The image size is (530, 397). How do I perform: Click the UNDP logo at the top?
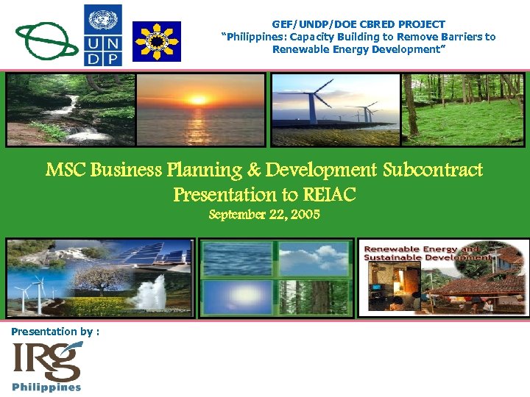[x=104, y=35]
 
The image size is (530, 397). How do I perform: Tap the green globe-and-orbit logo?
[x=46, y=38]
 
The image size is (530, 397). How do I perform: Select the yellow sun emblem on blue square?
[x=155, y=41]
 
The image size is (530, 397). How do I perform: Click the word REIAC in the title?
[x=328, y=195]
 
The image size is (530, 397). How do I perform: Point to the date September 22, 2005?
[x=264, y=215]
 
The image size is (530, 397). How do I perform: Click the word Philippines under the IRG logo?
[x=46, y=387]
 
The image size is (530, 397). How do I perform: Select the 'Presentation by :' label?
[x=56, y=332]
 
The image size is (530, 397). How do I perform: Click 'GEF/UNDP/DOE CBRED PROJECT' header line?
[x=358, y=24]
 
